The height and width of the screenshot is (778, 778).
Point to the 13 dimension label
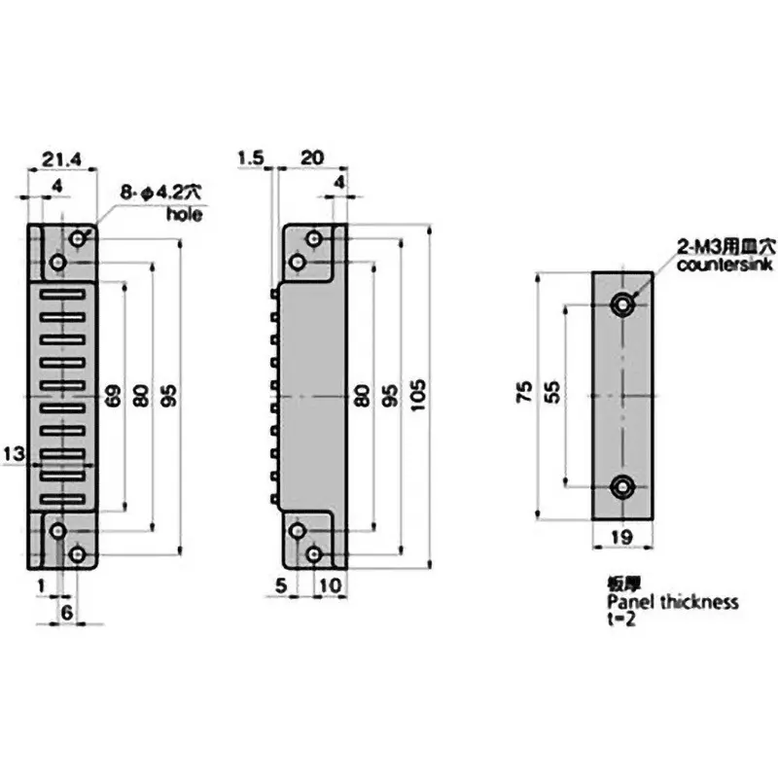(x=13, y=453)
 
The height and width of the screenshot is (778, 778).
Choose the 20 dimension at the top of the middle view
(x=311, y=157)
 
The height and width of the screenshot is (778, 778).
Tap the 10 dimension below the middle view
(x=329, y=585)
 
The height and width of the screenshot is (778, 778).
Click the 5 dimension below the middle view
(x=281, y=585)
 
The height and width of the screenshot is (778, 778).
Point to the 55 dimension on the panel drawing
(x=551, y=392)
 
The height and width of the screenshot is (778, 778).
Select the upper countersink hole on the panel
(x=622, y=305)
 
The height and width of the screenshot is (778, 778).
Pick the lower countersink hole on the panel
(x=622, y=487)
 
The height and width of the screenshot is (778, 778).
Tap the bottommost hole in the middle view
(x=313, y=553)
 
